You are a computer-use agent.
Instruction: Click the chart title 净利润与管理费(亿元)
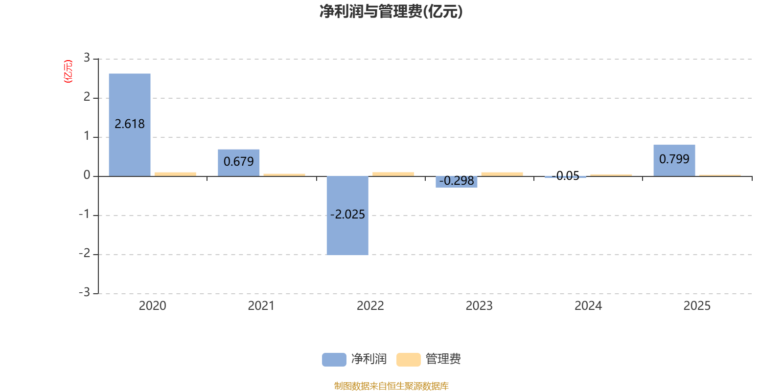[x=391, y=11]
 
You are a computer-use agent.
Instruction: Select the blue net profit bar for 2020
[x=130, y=98]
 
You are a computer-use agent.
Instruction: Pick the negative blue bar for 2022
[x=347, y=235]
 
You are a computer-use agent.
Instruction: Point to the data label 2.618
[x=130, y=124]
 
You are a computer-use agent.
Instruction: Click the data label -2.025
[x=347, y=215]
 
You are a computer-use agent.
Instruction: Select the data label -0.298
[x=457, y=181]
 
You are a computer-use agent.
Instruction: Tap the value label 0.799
[x=674, y=159]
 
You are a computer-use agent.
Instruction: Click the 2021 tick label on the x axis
[x=261, y=305]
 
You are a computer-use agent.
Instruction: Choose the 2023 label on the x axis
[x=479, y=305]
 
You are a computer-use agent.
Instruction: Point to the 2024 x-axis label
[x=588, y=305]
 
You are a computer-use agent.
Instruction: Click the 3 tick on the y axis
[x=87, y=58]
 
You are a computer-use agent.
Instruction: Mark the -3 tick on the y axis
[x=85, y=292]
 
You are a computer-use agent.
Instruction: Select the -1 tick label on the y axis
[x=85, y=214]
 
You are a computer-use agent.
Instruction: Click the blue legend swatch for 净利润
[x=334, y=359]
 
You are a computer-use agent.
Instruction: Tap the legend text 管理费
[x=443, y=359]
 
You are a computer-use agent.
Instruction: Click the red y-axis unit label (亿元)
[x=68, y=71]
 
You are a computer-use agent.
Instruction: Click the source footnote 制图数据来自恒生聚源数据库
[x=391, y=386]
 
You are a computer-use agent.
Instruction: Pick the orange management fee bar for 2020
[x=175, y=174]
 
